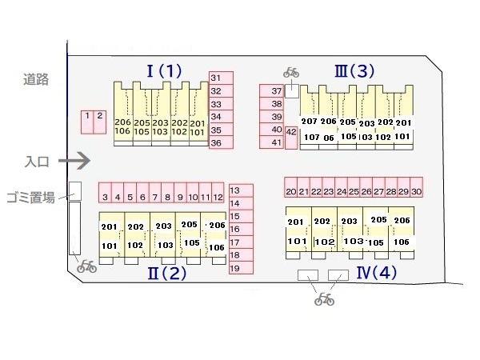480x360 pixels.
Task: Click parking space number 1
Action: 86,120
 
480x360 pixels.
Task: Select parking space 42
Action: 291,133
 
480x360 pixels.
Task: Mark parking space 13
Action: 235,190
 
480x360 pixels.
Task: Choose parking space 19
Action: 235,268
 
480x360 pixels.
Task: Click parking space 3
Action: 105,196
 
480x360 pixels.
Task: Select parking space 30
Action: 416,192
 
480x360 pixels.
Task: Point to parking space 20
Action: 291,192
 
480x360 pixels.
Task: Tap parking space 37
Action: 277,91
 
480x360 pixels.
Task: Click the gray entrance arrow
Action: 76,162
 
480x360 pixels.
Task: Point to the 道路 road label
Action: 35,79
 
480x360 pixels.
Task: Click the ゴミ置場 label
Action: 30,197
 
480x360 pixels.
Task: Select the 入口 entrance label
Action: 37,162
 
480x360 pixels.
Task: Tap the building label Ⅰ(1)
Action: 165,70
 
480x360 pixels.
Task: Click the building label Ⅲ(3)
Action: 354,71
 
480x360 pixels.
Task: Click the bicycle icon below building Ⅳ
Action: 324,299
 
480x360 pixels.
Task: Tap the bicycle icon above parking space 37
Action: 290,73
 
